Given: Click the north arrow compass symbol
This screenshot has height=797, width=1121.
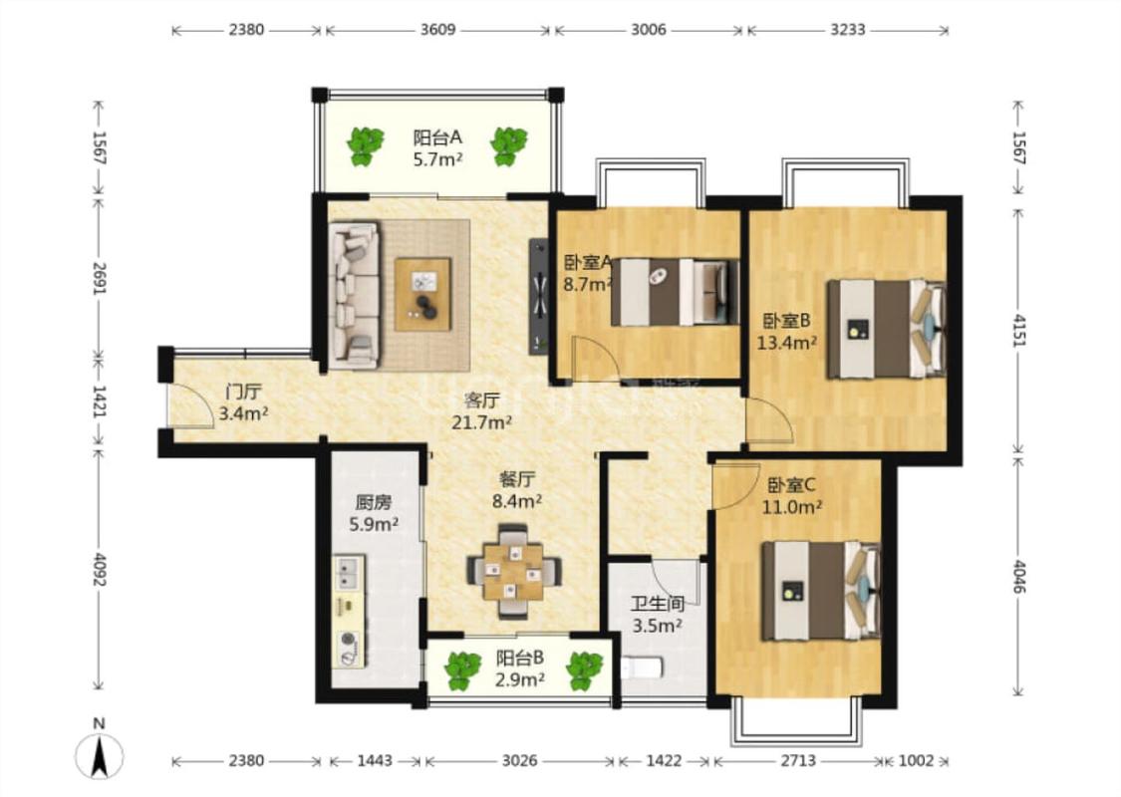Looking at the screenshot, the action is tap(100, 755).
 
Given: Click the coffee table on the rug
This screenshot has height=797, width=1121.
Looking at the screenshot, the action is tap(422, 295).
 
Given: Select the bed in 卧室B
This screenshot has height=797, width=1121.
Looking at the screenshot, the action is tap(886, 329).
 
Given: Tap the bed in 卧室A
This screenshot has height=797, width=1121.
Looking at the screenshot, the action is tap(675, 292).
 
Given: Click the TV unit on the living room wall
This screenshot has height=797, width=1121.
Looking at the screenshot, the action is tap(538, 297).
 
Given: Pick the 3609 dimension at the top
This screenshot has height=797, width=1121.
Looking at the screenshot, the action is tap(437, 30).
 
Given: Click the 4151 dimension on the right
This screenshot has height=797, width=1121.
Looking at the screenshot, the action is tap(1018, 329).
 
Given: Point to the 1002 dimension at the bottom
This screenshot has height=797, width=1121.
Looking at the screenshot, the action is tap(916, 760).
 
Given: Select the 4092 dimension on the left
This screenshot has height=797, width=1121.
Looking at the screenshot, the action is tap(100, 569).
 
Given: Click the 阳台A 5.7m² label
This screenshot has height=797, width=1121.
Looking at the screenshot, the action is tap(437, 148).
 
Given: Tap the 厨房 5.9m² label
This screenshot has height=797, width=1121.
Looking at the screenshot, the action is tap(374, 513).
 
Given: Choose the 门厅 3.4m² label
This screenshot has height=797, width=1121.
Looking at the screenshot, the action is tap(243, 402).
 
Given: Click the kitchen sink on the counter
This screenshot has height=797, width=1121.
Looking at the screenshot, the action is tap(348, 571).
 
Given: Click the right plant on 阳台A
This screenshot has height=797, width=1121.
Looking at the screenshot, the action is tap(508, 146).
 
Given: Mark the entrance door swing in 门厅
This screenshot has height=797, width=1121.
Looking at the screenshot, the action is tap(190, 406).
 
